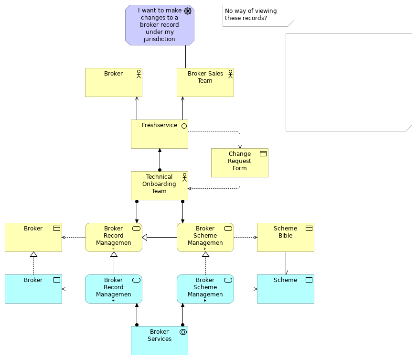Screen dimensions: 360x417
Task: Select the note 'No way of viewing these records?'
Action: [258, 16]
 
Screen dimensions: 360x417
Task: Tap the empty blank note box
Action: [349, 82]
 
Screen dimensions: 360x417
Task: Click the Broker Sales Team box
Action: [205, 83]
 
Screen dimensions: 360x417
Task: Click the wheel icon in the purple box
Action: [188, 11]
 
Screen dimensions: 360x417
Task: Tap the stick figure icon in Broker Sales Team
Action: [230, 74]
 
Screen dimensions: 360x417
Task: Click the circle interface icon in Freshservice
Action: [183, 126]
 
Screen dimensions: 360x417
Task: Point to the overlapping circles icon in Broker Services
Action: [182, 332]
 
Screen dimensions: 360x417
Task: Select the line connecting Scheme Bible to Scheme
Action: [286, 263]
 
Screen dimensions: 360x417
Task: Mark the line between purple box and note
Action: [208, 16]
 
